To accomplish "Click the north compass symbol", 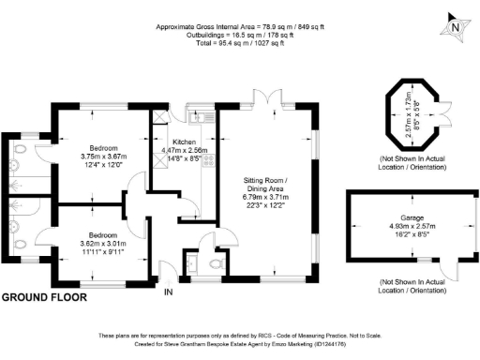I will pos(455,25).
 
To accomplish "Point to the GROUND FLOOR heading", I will pos(44,297).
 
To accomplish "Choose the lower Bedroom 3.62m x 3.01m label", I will pos(102,233).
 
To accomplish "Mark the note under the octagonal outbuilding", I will pos(410,165).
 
